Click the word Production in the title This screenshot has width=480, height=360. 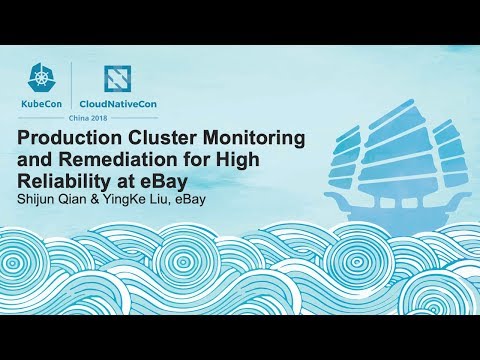point(70,137)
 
